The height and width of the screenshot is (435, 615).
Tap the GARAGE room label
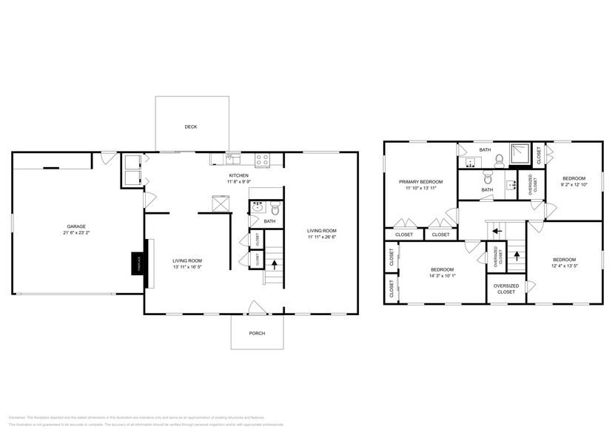[x=77, y=226]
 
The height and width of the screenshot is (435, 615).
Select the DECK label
[x=191, y=127]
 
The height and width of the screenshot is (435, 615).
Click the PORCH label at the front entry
[x=256, y=333]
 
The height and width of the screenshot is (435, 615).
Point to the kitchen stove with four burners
[x=262, y=158]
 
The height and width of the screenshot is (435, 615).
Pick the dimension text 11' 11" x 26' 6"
[x=322, y=237]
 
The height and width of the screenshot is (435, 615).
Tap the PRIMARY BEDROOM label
[x=420, y=181]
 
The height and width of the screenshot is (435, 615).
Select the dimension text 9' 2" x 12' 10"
[x=574, y=185]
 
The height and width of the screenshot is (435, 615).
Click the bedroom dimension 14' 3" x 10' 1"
[x=441, y=276]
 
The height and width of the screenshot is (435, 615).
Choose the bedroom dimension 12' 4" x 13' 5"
[x=564, y=266]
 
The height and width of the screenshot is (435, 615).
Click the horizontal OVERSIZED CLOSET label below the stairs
[x=506, y=289]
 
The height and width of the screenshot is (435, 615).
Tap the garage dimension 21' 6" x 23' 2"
[x=77, y=233]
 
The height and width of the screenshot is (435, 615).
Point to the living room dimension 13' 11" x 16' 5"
[x=187, y=267]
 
